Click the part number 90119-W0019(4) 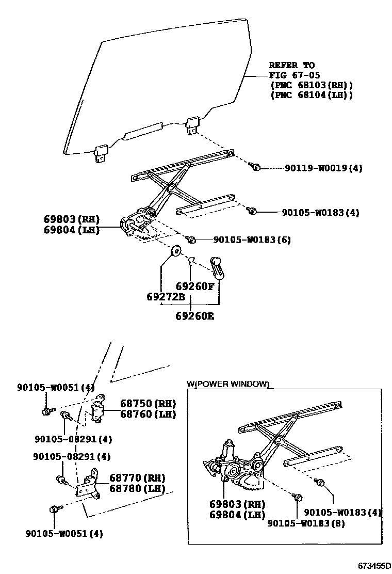[x=323, y=168]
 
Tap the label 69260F [x=194, y=286]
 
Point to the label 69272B [x=165, y=297]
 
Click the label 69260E [x=194, y=315]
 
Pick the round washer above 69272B [x=175, y=251]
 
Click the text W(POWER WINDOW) [x=228, y=384]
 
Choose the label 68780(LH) [x=137, y=488]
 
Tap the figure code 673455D [x=375, y=565]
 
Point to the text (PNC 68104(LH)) [x=311, y=95]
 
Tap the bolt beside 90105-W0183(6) [x=190, y=240]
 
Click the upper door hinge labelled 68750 [x=98, y=410]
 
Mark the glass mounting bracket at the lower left [x=100, y=153]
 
